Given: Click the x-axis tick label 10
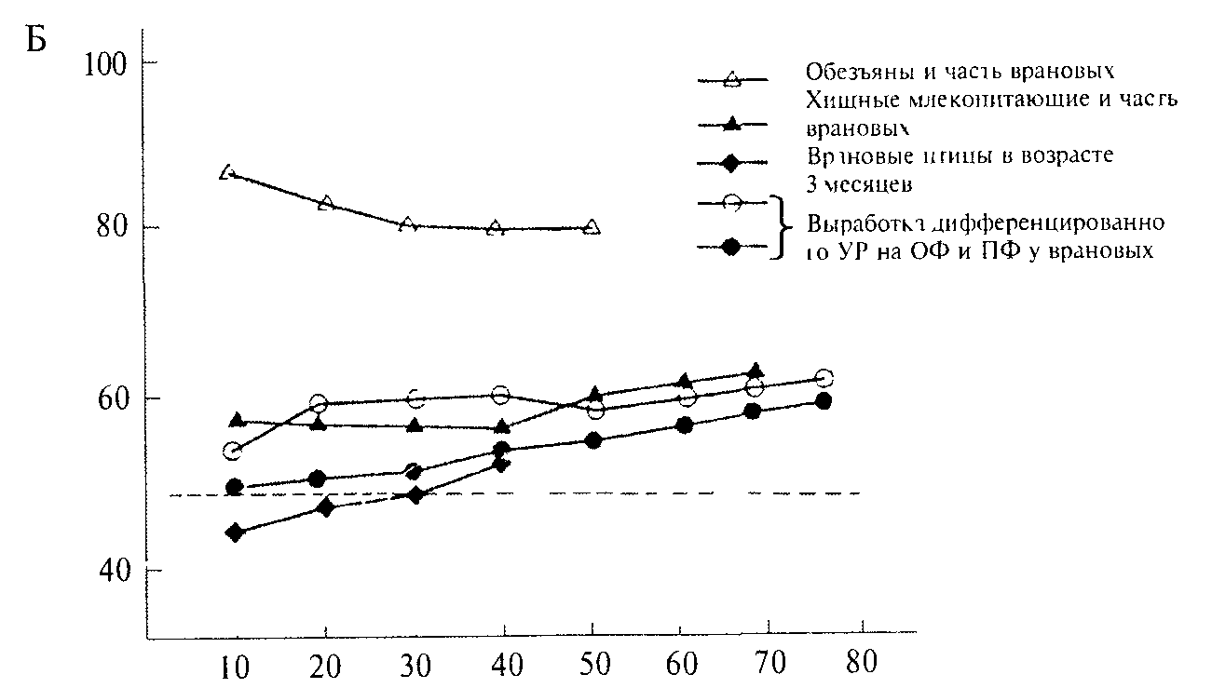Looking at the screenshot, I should tap(233, 666).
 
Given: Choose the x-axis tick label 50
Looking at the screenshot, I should tap(593, 666).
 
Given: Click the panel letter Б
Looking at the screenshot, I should tap(36, 43).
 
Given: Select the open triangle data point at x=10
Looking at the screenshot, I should tap(227, 172).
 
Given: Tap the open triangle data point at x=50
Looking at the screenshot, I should tap(592, 227).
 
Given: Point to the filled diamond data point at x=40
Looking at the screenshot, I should tap(502, 464).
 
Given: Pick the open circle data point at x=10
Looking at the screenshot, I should tap(233, 452).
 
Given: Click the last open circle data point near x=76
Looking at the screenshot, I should tap(824, 378).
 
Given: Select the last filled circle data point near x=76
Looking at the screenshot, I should tap(824, 401).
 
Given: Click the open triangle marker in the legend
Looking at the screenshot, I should tap(732, 80).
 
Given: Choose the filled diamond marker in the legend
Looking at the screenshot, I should tap(732, 164).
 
